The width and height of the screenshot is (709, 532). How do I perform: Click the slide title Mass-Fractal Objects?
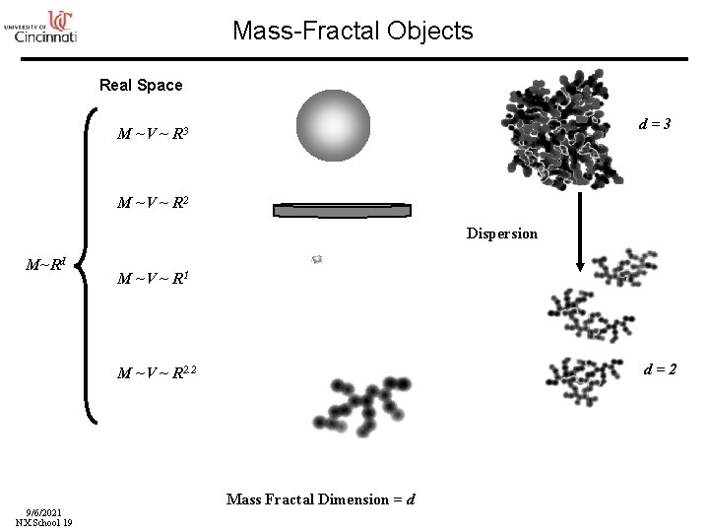point(353,31)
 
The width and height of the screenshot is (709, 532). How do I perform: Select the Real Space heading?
point(141,85)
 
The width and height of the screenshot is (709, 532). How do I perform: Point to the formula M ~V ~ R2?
point(154,203)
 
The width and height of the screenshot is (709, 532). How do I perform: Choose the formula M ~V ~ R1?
point(154,278)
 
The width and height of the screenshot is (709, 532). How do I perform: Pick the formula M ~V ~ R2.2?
point(158,372)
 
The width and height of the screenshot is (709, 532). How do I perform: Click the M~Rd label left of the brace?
point(45,264)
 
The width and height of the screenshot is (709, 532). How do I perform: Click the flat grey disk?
point(341,210)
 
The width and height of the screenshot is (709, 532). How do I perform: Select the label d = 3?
point(655,125)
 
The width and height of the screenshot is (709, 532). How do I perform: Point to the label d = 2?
point(659,369)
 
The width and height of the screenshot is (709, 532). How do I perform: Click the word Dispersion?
point(502,233)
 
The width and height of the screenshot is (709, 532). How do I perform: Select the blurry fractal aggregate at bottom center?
point(350,406)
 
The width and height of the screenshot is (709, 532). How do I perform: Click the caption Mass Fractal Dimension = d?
point(320,499)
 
